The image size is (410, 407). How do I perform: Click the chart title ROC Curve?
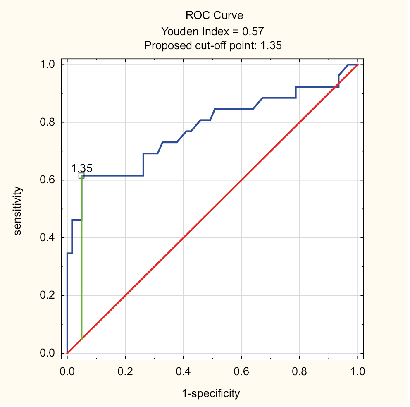point(214,16)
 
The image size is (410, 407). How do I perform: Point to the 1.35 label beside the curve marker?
point(82,168)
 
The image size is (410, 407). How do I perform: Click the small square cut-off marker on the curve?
point(81,175)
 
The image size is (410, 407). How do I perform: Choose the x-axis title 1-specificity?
point(211,394)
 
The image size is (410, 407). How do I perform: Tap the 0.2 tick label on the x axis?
point(125,371)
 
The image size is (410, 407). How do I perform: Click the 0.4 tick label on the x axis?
point(183,371)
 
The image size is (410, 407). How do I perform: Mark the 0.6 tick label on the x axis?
point(241,371)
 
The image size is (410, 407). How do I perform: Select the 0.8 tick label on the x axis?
point(299,371)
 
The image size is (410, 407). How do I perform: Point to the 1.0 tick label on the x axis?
point(357,371)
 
